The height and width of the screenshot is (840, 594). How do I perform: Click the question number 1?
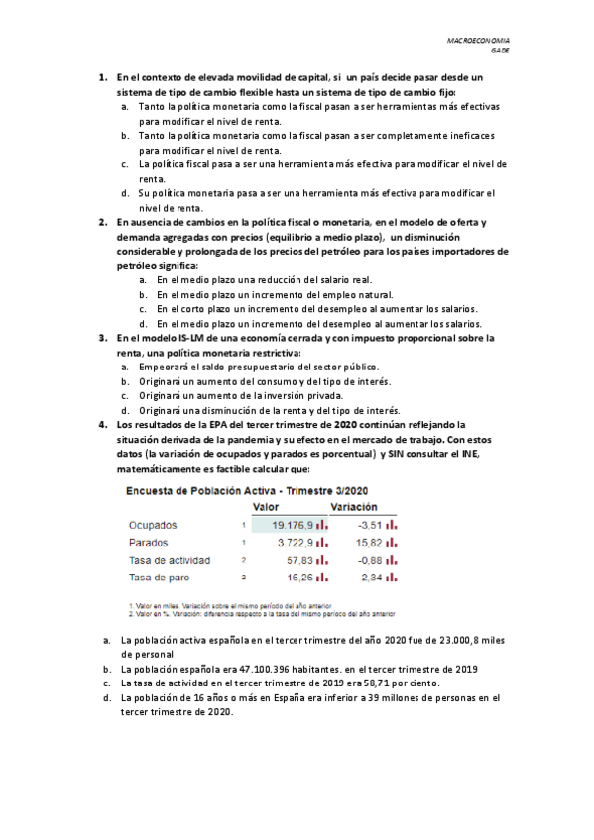[x=103, y=77]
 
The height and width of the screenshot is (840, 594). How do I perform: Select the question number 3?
[x=103, y=338]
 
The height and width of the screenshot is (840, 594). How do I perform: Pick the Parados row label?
[x=149, y=543]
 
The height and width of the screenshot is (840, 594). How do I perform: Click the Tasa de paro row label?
[x=159, y=577]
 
